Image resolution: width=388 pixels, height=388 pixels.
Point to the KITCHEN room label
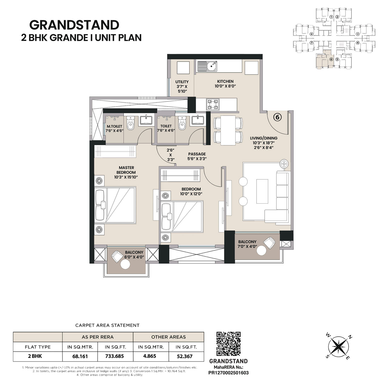pos(225,81)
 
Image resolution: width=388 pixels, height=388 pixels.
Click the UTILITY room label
pos(182,82)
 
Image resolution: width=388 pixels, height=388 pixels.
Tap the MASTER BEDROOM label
pos(126,170)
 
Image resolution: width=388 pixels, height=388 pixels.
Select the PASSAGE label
pos(197,154)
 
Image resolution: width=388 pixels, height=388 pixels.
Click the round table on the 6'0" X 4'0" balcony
pos(126,264)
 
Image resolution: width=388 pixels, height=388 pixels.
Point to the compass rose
pos(338,347)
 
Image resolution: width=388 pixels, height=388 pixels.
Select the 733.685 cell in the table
pos(115,356)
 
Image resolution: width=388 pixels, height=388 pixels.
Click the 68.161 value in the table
pos(80,356)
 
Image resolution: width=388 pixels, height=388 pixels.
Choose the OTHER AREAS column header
pos(168,337)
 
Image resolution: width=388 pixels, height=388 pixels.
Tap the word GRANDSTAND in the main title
pos(74,25)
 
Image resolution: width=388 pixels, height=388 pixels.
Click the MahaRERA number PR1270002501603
pos(228,373)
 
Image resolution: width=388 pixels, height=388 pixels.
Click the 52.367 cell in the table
pos(184,356)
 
